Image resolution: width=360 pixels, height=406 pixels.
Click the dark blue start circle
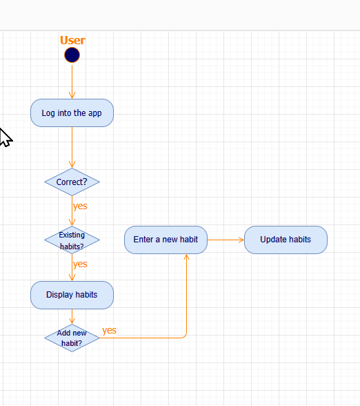[72, 55]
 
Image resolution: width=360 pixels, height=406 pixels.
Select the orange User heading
[72, 40]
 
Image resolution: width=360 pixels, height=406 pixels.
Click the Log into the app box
[72, 113]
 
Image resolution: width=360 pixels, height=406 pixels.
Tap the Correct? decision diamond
[72, 182]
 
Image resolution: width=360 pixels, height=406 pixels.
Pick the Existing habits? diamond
[72, 240]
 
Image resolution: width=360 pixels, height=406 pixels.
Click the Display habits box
[72, 295]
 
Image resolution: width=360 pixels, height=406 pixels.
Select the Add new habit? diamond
[72, 338]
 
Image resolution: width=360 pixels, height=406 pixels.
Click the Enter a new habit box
[166, 240]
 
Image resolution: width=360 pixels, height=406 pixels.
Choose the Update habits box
[286, 240]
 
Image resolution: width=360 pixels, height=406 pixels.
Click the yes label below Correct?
[80, 206]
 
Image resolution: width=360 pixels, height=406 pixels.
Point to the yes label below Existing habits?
[80, 264]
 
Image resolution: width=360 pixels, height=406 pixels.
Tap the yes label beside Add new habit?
[109, 330]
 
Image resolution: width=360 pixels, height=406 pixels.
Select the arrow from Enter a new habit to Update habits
[225, 240]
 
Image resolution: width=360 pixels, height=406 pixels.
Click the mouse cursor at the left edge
[4, 137]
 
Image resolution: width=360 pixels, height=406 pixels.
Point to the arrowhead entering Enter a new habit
[186, 258]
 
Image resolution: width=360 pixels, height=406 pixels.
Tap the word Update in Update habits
[273, 240]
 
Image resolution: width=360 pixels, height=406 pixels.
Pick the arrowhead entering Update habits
[241, 240]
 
